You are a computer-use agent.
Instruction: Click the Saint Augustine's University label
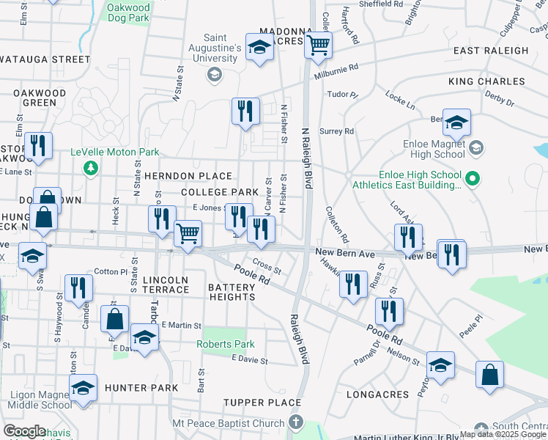pyautogui.click(x=223, y=48)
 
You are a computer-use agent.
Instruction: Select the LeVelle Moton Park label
pyautogui.click(x=115, y=153)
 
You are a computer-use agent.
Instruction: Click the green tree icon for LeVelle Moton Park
pyautogui.click(x=91, y=168)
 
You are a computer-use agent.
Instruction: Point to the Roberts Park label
pyautogui.click(x=225, y=344)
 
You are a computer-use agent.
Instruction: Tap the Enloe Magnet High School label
pyautogui.click(x=434, y=149)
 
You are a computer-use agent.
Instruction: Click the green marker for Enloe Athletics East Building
pyautogui.click(x=473, y=178)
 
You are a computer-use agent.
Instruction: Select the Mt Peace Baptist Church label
pyautogui.click(x=228, y=423)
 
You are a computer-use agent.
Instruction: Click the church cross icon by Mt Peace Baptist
pyautogui.click(x=295, y=422)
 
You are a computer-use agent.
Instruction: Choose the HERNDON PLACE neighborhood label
pyautogui.click(x=188, y=177)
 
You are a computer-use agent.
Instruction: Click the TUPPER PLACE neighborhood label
pyautogui.click(x=262, y=403)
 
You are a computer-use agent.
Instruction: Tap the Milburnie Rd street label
pyautogui.click(x=336, y=70)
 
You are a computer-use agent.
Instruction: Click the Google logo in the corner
pyautogui.click(x=24, y=431)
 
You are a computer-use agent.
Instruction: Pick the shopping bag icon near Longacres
pyautogui.click(x=489, y=374)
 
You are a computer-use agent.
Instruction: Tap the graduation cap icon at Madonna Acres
pyautogui.click(x=258, y=48)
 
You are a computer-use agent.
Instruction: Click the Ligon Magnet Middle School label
pyautogui.click(x=41, y=400)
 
